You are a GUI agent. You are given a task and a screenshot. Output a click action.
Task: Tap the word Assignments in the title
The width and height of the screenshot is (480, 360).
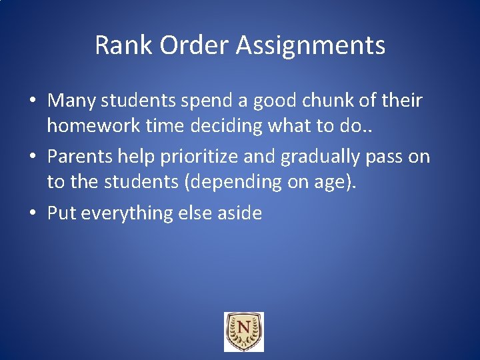pyautogui.click(x=309, y=45)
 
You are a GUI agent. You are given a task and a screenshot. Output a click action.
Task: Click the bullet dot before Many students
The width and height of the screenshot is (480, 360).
pyautogui.click(x=33, y=101)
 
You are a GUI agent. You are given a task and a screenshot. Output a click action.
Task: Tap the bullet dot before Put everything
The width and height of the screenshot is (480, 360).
pyautogui.click(x=33, y=214)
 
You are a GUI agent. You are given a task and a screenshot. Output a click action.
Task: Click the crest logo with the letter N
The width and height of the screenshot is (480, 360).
pyautogui.click(x=243, y=331)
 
